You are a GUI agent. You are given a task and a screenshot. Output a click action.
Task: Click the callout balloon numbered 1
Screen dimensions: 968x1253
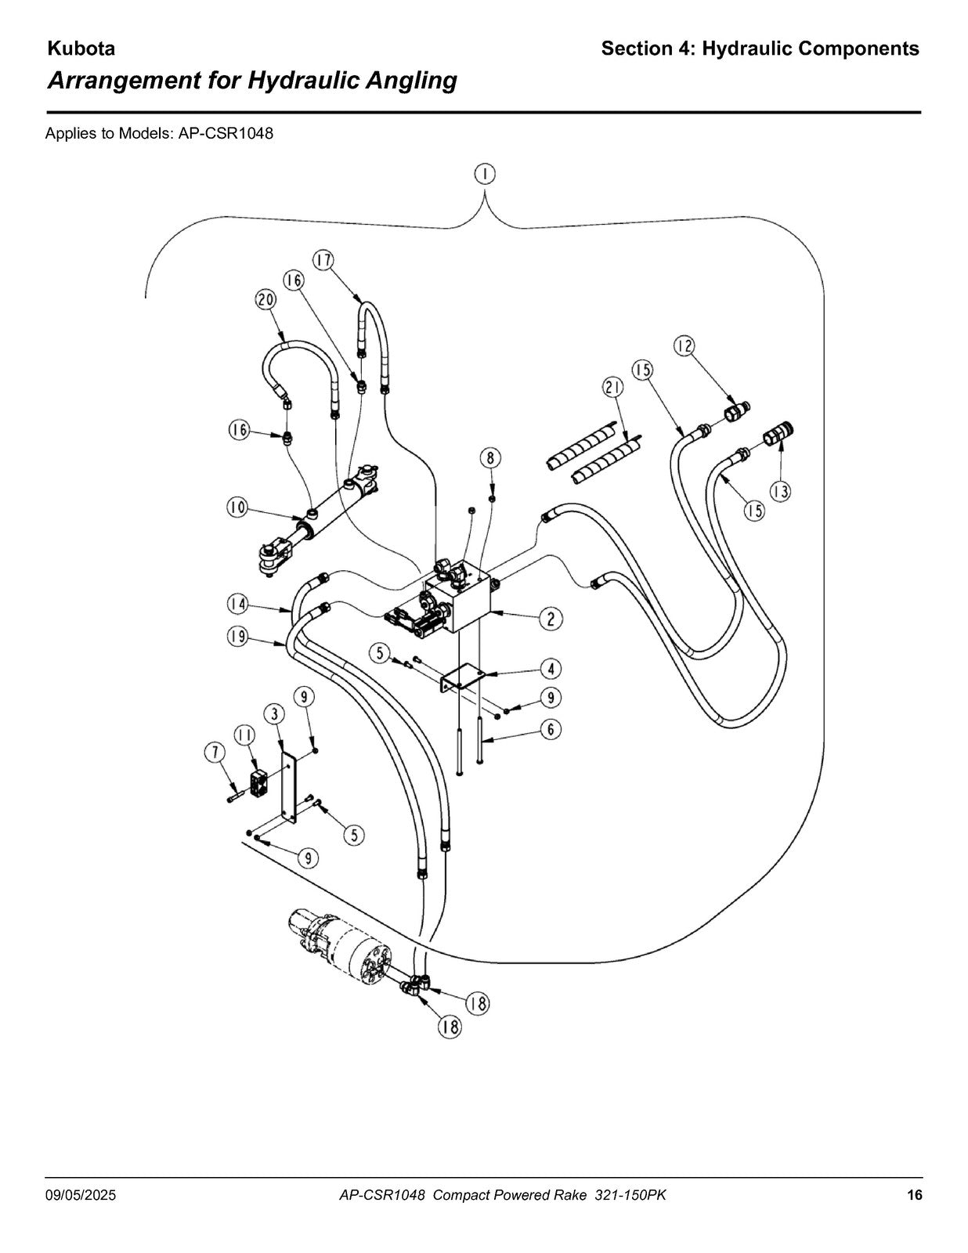(x=486, y=174)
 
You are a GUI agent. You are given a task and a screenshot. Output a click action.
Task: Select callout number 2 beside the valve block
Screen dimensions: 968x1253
(x=551, y=619)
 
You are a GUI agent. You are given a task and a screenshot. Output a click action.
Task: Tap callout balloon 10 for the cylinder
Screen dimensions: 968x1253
(x=237, y=508)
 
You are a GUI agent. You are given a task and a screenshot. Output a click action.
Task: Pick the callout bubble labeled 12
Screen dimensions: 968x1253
(x=684, y=346)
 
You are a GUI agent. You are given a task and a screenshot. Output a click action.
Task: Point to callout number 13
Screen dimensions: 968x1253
(x=781, y=491)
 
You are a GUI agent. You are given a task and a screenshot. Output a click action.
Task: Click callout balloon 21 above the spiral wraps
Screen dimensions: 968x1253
(x=613, y=388)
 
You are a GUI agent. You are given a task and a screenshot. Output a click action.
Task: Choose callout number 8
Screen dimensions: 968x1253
(x=490, y=458)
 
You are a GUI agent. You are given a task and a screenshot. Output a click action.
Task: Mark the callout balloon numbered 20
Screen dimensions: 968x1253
(x=266, y=300)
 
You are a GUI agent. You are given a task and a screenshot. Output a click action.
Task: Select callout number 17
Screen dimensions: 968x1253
(x=323, y=260)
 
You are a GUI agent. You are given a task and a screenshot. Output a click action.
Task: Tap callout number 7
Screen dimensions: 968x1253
(x=215, y=753)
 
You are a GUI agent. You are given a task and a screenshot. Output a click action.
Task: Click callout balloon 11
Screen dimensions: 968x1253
(x=244, y=735)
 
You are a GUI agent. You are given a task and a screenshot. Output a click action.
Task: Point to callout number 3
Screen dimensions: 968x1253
(x=274, y=714)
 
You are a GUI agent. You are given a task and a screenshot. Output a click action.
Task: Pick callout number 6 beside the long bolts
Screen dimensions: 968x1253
(x=551, y=730)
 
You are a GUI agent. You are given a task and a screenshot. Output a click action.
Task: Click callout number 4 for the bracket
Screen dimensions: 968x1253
(x=551, y=669)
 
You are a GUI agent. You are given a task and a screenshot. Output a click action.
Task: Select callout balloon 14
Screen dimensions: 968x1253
(x=237, y=605)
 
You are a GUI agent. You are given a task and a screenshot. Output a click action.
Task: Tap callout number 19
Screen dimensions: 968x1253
(x=237, y=637)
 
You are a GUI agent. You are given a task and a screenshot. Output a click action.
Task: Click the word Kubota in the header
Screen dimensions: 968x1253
(x=81, y=49)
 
